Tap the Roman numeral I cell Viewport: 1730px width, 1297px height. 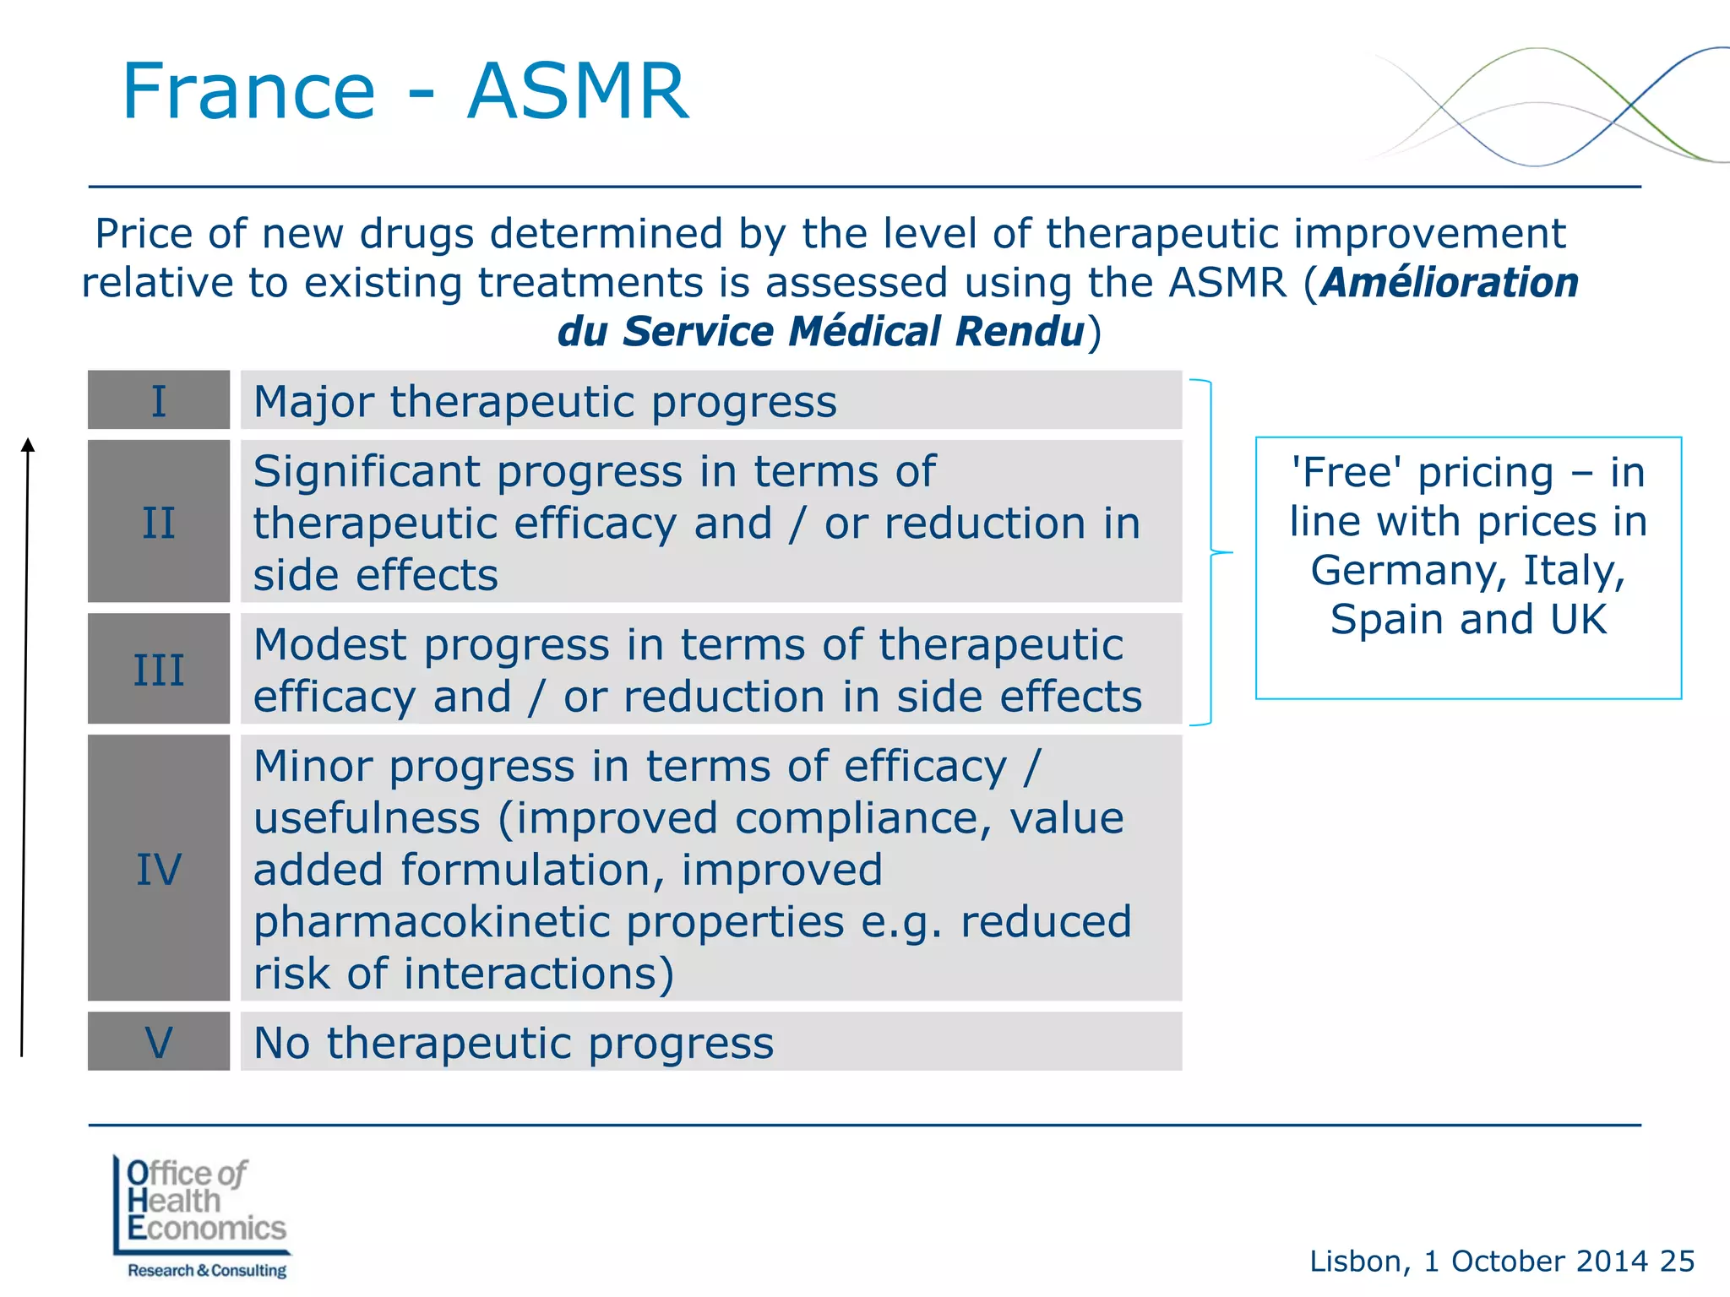159,400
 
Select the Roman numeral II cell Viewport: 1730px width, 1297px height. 159,522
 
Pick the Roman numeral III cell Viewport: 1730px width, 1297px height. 159,669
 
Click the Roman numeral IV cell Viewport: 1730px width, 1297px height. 159,868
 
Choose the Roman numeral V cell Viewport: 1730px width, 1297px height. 159,1042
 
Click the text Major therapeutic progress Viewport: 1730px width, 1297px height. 545,402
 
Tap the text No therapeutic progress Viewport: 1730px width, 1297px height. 514,1044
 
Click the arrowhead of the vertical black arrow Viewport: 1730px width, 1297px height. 28,445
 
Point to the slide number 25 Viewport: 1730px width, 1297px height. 1677,1261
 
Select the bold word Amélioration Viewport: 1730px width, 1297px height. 1450,283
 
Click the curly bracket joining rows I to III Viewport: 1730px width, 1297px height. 1212,552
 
